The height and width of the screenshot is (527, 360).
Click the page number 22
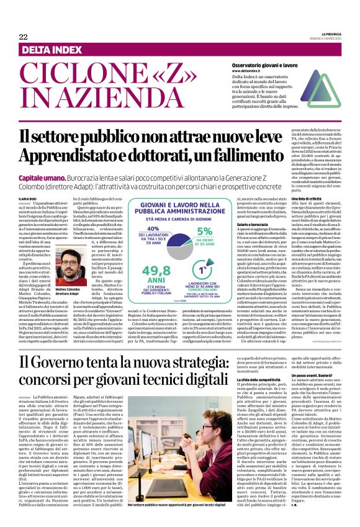(x=23, y=37)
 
